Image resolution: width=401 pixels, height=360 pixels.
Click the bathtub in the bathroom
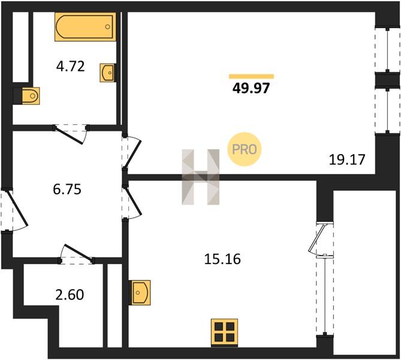tap(85, 26)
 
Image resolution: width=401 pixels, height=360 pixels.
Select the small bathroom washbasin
tap(107, 73)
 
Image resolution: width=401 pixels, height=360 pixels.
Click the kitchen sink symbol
tap(140, 292)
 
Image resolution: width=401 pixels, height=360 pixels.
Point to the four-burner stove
tap(225, 332)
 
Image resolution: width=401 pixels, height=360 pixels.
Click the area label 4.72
tap(70, 67)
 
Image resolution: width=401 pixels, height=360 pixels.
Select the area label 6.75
tap(67, 189)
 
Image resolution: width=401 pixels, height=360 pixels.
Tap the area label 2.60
tap(70, 295)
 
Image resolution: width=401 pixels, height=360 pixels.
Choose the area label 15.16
tap(222, 259)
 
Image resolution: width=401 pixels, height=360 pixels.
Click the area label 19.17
tap(347, 160)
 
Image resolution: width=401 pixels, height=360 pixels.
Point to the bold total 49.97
tap(251, 88)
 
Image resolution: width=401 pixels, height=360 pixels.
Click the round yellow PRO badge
tap(245, 149)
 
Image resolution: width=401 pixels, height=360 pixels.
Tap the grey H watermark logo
tap(200, 177)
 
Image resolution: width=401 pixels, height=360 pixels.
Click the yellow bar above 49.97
tap(251, 76)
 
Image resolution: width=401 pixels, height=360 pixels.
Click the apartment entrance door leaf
tap(17, 208)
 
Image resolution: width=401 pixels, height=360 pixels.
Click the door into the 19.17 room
tap(133, 154)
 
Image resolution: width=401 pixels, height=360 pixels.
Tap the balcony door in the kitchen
tap(316, 239)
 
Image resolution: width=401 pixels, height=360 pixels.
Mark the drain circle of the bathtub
tap(108, 26)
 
